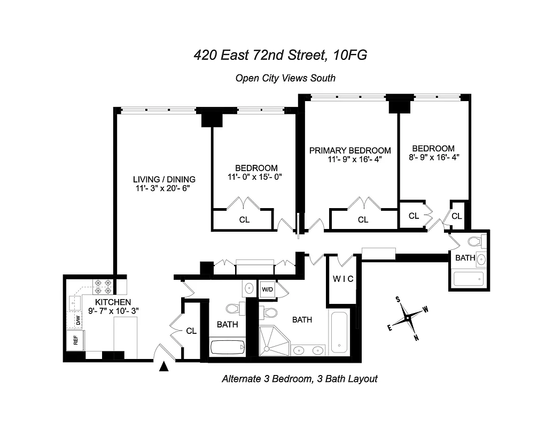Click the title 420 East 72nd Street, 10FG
280,55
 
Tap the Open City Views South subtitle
285,78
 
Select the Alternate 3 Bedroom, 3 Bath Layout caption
299,379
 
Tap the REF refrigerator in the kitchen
75,340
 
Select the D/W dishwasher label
77,321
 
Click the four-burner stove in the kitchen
102,287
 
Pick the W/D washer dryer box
267,289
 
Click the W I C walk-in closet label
343,279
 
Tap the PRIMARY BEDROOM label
350,150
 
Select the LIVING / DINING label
164,179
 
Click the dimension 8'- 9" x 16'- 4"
433,157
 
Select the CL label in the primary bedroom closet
363,219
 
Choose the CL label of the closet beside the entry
191,331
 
